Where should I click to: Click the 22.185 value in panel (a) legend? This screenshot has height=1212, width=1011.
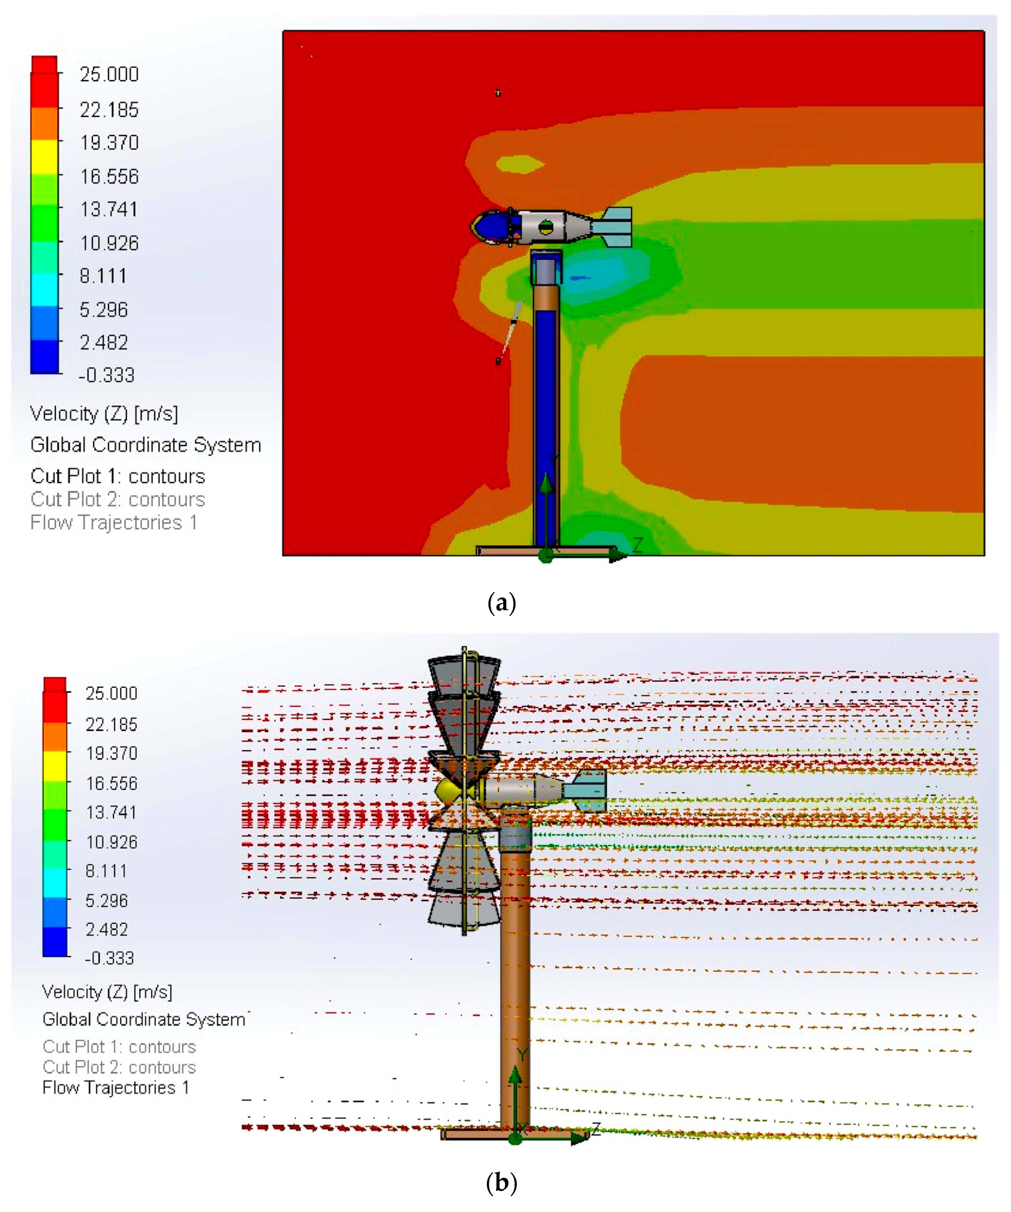pyautogui.click(x=109, y=110)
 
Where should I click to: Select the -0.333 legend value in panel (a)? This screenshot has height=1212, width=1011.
pyautogui.click(x=106, y=375)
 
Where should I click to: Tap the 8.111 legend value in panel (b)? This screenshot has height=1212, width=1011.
pyautogui.click(x=106, y=871)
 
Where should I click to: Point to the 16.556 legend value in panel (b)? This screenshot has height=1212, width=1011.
pyautogui.click(x=111, y=783)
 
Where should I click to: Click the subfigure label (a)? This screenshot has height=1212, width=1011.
pyautogui.click(x=501, y=604)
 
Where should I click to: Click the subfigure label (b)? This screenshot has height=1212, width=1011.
pyautogui.click(x=501, y=1183)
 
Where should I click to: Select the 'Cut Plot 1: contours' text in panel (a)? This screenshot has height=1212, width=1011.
pyautogui.click(x=118, y=476)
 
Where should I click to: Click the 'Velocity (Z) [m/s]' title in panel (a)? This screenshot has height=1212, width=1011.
pyautogui.click(x=104, y=414)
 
